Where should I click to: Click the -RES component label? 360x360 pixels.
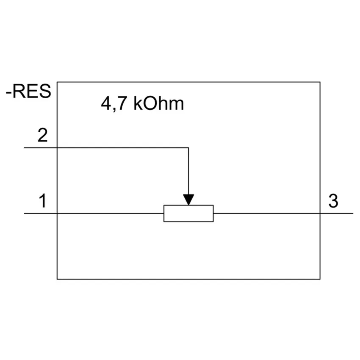[28, 91]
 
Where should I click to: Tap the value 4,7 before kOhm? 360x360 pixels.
[114, 104]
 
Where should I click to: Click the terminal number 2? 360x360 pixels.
[42, 135]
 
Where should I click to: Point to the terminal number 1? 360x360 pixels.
[43, 201]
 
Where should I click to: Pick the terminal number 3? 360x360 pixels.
[333, 201]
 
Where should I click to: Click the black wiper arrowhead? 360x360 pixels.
[188, 199]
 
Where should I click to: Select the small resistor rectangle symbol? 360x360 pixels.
[188, 213]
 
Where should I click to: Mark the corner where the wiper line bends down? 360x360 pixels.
[188, 148]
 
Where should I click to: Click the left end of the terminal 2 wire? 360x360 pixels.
[24, 148]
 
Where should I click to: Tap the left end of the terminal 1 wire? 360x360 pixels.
[24, 213]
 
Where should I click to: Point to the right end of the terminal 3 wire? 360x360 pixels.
[353, 213]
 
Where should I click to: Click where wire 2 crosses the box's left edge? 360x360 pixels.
[57, 148]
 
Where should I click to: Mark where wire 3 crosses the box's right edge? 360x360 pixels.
[320, 213]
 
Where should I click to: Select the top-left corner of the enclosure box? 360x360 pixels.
[57, 82]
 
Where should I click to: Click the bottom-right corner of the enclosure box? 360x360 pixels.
[320, 279]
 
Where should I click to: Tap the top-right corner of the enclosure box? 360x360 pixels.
[320, 82]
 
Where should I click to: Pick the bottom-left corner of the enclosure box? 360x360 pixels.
[57, 279]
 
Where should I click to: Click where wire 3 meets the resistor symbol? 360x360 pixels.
[213, 213]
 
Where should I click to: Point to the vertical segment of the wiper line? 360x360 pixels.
[188, 171]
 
